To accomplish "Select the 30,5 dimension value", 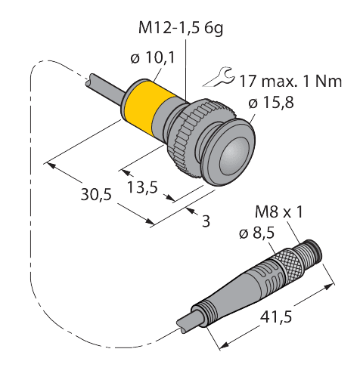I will pos(96,195).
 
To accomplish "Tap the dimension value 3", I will pos(206,221).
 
